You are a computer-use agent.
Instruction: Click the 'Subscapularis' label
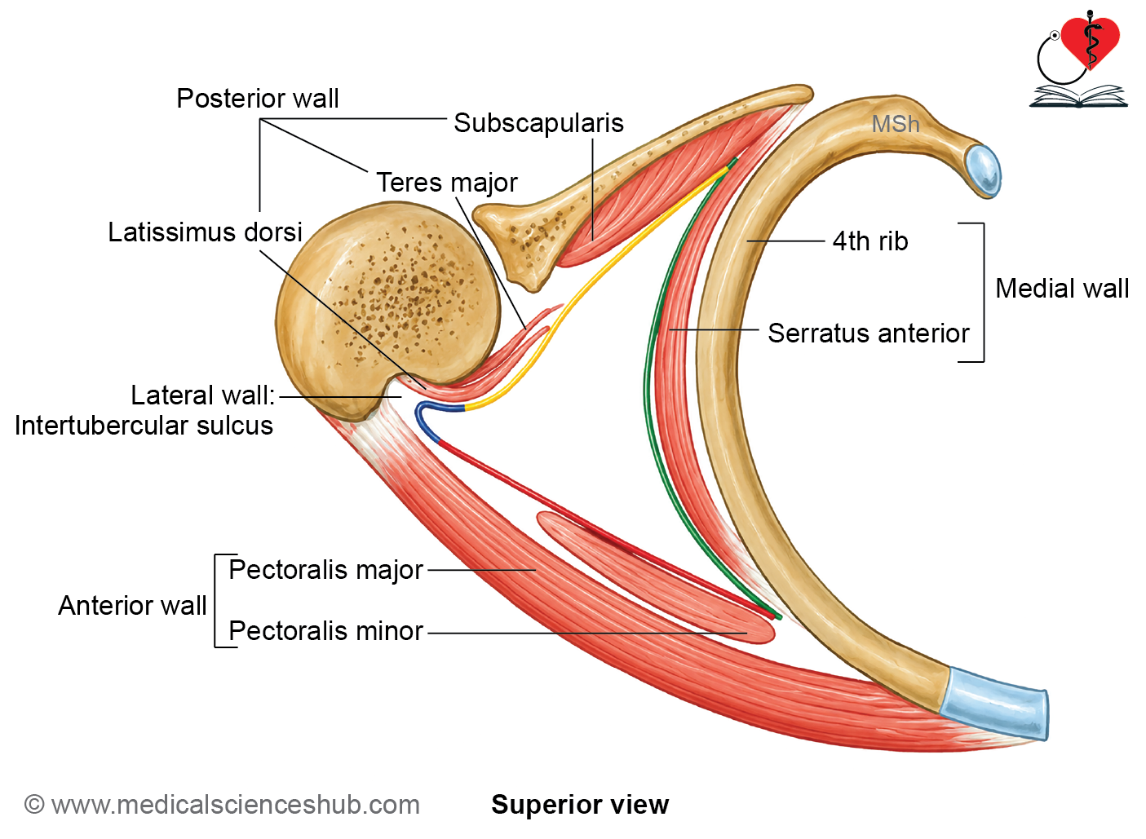(x=538, y=123)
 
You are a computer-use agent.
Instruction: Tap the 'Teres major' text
(x=447, y=183)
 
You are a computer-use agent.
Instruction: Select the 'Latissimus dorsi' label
(x=206, y=232)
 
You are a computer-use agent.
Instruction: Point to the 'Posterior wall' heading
(x=257, y=98)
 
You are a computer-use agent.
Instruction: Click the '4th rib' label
(x=870, y=241)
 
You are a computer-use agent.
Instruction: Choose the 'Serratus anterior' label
(x=868, y=333)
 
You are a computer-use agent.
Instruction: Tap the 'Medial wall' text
(x=1062, y=289)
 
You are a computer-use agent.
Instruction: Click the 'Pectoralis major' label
(x=326, y=570)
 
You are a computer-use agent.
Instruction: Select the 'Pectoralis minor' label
(x=326, y=630)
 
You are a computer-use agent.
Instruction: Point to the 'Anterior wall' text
(x=132, y=605)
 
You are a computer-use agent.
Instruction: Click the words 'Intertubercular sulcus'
(x=144, y=426)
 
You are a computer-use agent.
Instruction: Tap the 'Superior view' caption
(x=580, y=805)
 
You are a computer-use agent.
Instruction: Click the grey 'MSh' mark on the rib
(x=896, y=124)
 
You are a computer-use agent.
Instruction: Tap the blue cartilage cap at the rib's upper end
(x=983, y=170)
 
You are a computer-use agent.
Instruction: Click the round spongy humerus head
(x=387, y=307)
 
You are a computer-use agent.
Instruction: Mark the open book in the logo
(x=1078, y=97)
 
